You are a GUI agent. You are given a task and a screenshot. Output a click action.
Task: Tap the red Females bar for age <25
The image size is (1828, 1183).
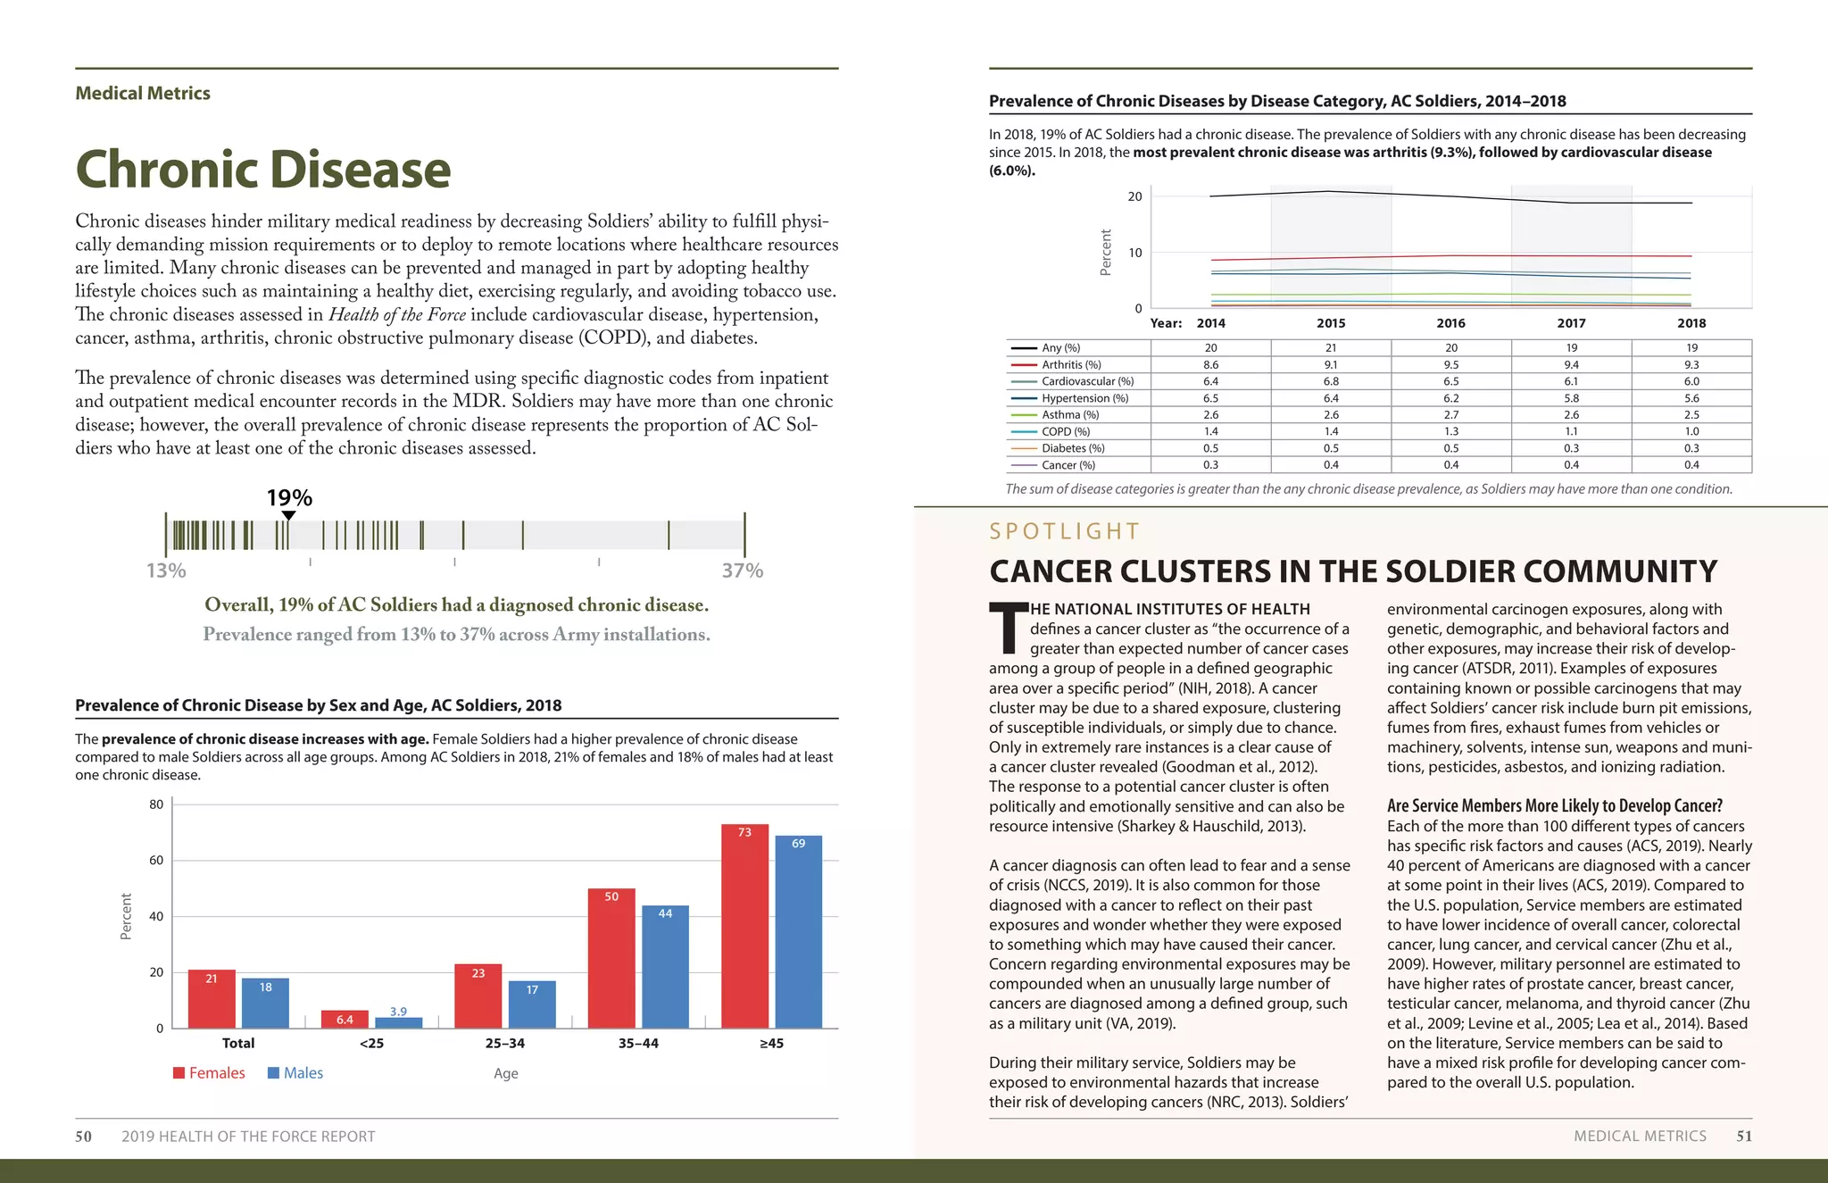pos(345,1019)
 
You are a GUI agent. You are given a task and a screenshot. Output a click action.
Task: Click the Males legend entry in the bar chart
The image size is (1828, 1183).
pos(295,1073)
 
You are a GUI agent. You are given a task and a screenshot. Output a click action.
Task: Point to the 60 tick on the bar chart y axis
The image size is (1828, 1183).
pos(156,861)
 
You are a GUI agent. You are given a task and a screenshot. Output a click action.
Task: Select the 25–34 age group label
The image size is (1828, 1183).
pos(505,1043)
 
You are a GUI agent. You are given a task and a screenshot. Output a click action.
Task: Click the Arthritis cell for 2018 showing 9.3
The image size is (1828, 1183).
pos(1691,364)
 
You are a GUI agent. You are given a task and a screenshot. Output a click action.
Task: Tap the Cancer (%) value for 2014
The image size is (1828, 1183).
pos(1210,465)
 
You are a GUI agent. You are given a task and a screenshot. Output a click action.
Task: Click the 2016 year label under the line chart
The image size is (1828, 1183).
pos(1450,323)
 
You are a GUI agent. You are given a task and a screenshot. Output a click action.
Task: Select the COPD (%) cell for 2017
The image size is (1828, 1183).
pos(1571,431)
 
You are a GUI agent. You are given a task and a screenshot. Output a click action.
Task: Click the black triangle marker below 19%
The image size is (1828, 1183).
pos(288,515)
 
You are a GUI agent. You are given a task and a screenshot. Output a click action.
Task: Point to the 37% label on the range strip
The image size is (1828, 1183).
pos(742,571)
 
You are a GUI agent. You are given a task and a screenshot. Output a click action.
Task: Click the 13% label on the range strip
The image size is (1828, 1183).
pos(166,571)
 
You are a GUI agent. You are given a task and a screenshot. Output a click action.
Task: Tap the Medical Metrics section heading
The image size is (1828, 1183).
pos(143,94)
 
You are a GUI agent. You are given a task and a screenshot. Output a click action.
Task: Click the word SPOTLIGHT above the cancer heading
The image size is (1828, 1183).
pos(1064,532)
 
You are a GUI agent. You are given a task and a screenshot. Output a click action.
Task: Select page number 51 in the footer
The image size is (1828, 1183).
pos(1743,1136)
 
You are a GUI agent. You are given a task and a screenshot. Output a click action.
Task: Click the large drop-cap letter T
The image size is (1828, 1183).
pos(1008,627)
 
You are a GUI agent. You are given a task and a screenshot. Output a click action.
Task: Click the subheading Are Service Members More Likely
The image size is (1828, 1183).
pos(1554,805)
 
